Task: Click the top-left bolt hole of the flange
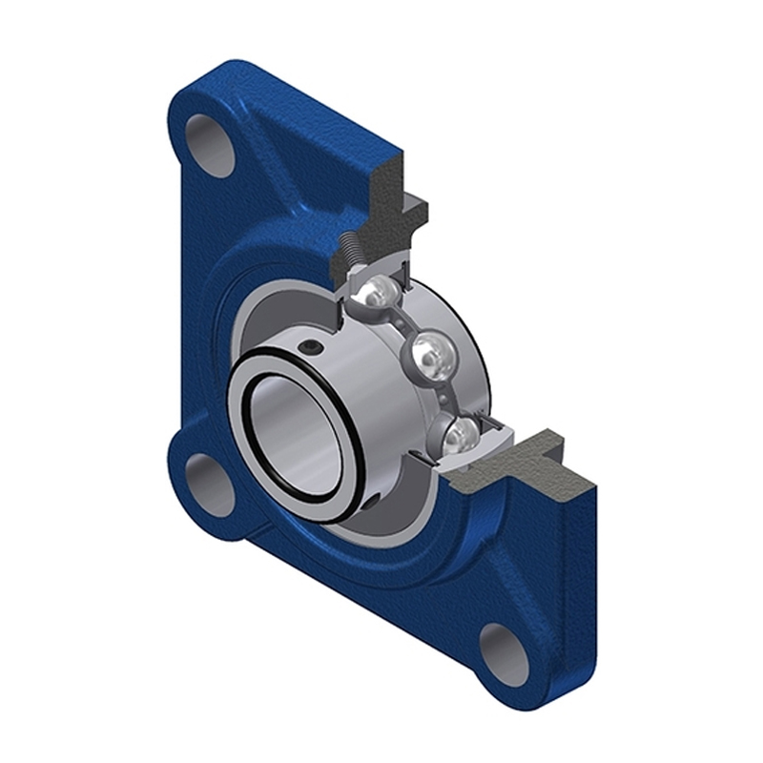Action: pyautogui.click(x=210, y=145)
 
